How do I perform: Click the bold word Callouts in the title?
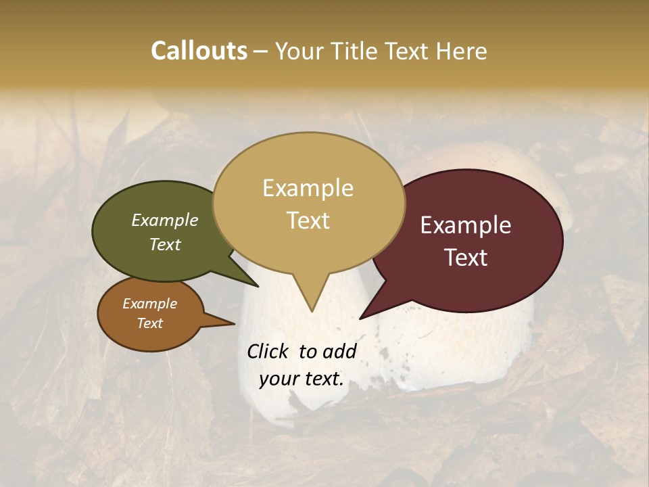199,51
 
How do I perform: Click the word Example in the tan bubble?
308,188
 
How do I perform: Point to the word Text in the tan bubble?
308,221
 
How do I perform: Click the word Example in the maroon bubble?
466,225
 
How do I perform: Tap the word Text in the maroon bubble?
466,258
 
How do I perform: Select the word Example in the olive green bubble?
164,220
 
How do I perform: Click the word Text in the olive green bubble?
164,244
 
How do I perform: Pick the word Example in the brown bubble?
149,304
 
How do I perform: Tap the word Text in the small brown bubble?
149,323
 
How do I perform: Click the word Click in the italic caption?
268,351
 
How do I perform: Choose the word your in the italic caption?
278,379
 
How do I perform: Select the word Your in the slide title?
298,51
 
